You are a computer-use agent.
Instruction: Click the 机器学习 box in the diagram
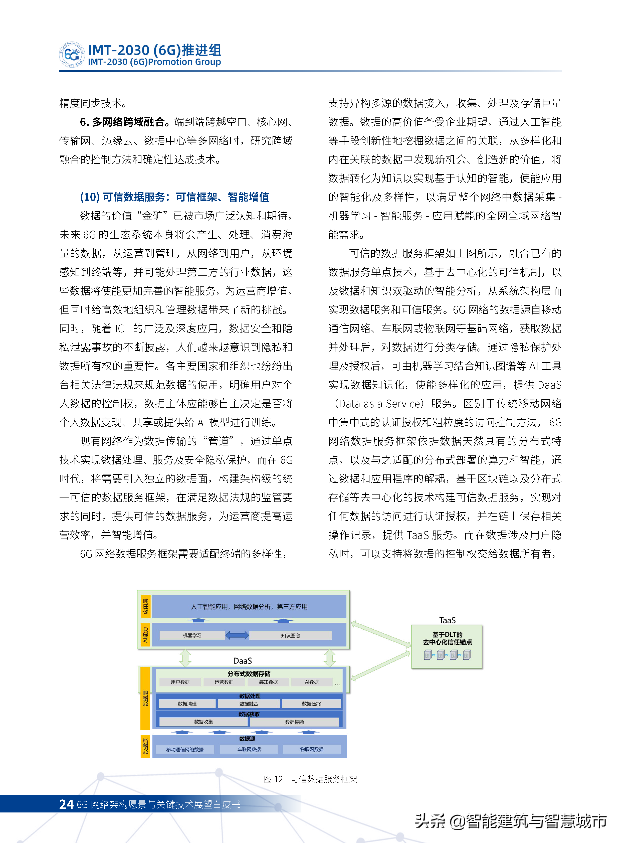pyautogui.click(x=192, y=635)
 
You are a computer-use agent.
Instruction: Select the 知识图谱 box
pyautogui.click(x=290, y=635)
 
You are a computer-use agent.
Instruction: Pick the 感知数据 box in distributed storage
pyautogui.click(x=268, y=682)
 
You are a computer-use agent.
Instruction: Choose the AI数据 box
pyautogui.click(x=312, y=682)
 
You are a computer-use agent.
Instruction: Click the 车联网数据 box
pyautogui.click(x=249, y=749)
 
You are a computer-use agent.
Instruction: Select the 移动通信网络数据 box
pyautogui.click(x=185, y=749)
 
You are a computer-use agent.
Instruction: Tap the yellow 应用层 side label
pyautogui.click(x=145, y=606)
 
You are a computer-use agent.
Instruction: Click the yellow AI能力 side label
pyautogui.click(x=145, y=635)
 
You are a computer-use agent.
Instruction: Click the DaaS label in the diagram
pyautogui.click(x=243, y=661)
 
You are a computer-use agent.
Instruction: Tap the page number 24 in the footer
pyautogui.click(x=66, y=804)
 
